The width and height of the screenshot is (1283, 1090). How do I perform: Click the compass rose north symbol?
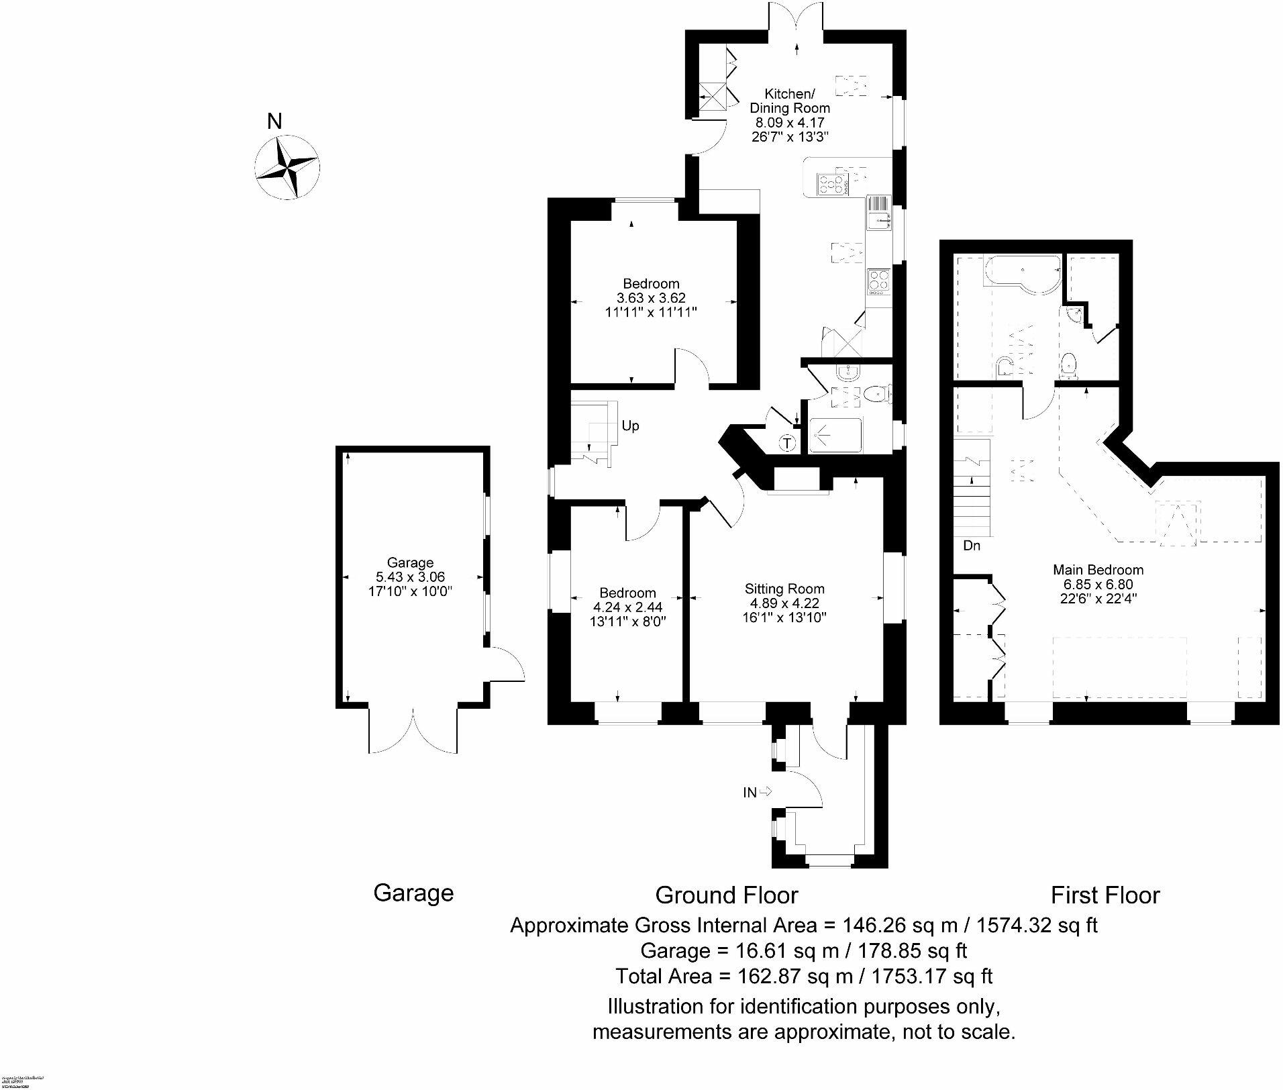287,167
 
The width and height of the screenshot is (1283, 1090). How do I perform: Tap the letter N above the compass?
274,121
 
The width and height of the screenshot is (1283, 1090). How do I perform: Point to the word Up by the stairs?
630,426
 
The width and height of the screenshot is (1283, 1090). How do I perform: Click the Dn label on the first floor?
972,546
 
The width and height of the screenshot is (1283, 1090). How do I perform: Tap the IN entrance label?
750,793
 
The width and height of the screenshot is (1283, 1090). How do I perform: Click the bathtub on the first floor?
1021,273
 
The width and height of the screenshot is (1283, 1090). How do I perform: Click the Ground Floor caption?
726,895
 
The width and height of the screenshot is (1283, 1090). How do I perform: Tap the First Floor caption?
1105,895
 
